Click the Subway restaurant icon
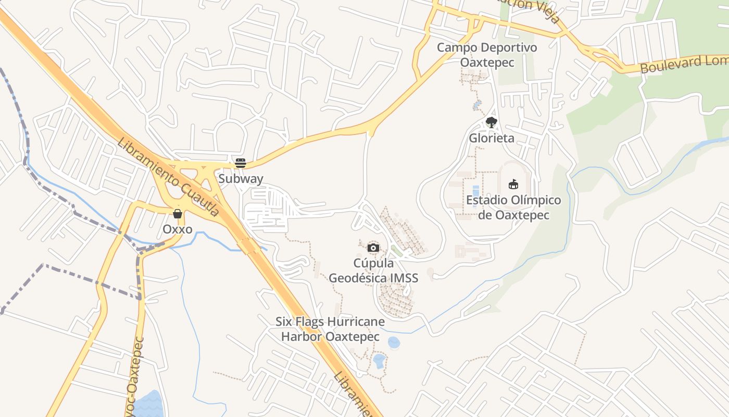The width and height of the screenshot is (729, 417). (240, 163)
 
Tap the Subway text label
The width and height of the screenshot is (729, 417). (241, 179)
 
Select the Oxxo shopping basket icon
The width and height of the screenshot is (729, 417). (178, 214)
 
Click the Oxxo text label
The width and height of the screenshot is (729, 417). (178, 229)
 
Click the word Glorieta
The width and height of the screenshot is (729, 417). (492, 138)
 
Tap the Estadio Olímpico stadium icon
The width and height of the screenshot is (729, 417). (513, 184)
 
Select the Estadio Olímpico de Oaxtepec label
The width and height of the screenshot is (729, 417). (513, 207)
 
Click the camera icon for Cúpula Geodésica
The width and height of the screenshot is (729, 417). (373, 248)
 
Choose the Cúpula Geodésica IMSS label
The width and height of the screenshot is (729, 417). (373, 271)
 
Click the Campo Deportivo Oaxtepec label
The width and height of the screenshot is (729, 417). (487, 55)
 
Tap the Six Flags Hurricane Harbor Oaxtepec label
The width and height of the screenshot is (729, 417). (330, 329)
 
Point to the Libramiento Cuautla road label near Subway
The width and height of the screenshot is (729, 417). (168, 177)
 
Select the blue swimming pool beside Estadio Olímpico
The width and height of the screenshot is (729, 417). (475, 191)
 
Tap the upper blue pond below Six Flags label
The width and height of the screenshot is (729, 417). (394, 342)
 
